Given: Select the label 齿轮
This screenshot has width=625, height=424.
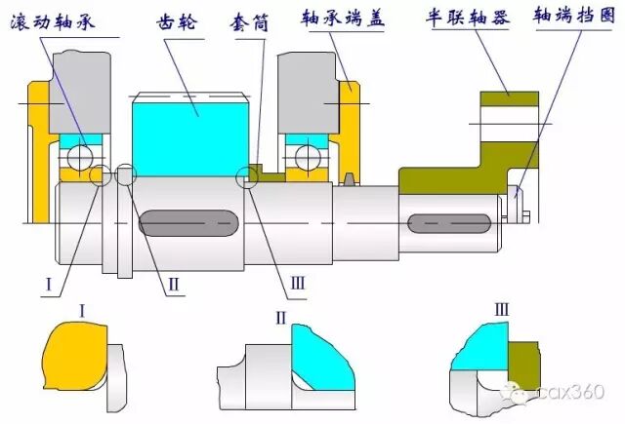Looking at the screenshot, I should click(182, 21).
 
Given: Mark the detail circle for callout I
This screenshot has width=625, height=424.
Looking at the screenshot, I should click(100, 176).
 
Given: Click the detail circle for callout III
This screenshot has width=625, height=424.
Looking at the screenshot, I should click(248, 176).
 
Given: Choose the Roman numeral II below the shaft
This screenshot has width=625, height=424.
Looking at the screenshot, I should click(172, 283).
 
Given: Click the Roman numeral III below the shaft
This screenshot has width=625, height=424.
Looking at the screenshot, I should click(298, 284).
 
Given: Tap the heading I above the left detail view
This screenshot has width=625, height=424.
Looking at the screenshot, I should click(82, 311).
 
